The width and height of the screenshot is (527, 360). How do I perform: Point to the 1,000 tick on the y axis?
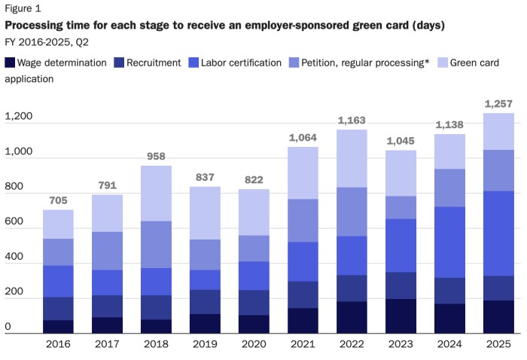point(19,152)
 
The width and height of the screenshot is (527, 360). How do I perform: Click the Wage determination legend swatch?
point(10,63)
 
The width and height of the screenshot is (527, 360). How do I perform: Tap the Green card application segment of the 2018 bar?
point(155,194)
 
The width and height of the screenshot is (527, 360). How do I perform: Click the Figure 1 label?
point(24,10)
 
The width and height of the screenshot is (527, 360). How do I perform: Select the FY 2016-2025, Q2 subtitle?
point(48,41)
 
